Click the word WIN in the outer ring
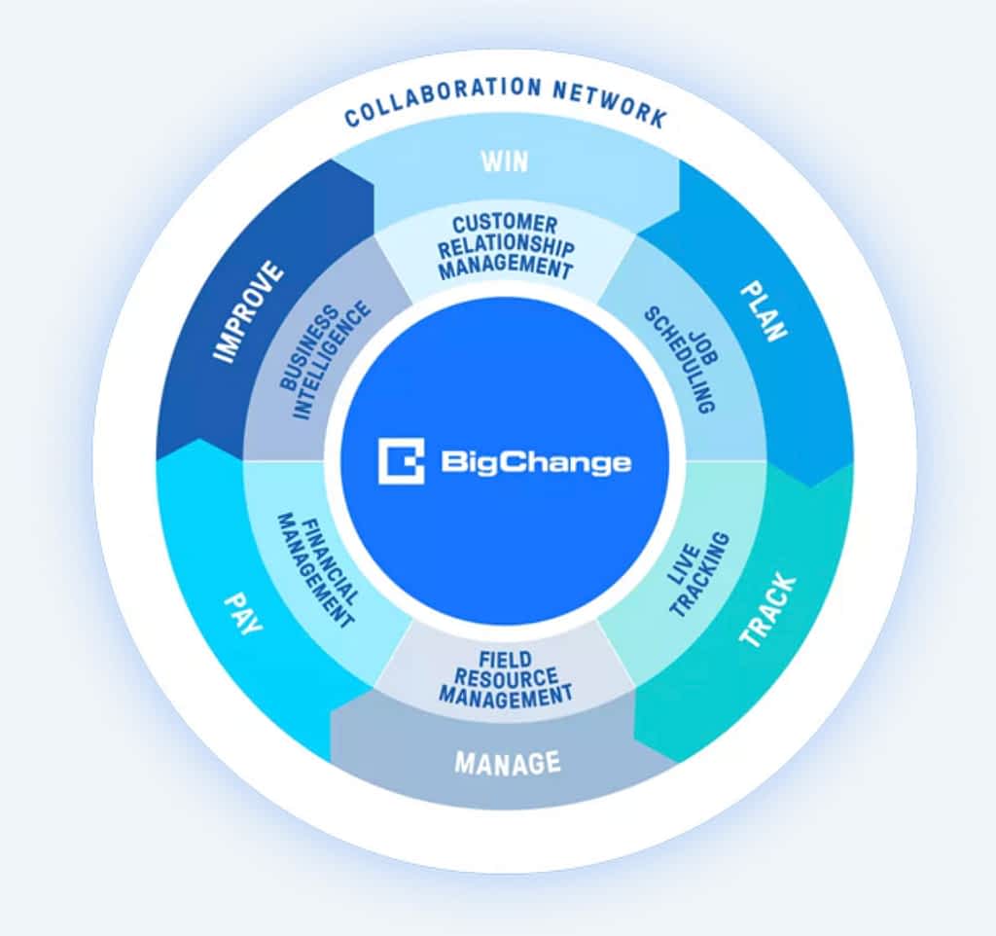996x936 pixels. click(505, 162)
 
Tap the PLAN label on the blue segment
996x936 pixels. click(765, 311)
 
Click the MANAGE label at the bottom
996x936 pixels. click(508, 762)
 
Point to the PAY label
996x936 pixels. click(243, 613)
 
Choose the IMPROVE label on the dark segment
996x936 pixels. click(248, 311)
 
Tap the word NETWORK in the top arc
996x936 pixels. click(610, 104)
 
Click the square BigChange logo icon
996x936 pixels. click(402, 461)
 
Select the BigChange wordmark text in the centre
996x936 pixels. click(536, 462)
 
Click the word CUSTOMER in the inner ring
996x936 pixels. click(505, 225)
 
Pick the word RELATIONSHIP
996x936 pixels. click(506, 246)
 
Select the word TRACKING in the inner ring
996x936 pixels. click(700, 575)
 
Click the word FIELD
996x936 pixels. click(506, 661)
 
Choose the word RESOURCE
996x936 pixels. click(506, 677)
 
